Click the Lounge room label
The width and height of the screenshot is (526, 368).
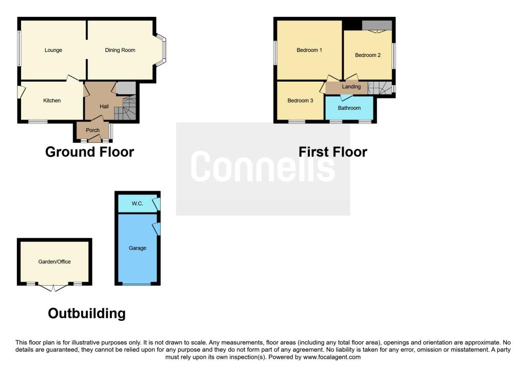(53, 50)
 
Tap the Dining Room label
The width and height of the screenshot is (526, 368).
(120, 50)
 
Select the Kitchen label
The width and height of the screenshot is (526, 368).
(52, 101)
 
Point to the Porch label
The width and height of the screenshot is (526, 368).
(92, 130)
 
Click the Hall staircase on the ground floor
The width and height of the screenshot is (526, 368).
(125, 108)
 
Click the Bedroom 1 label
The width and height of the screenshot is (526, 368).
(309, 50)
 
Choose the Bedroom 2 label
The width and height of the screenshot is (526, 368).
(368, 55)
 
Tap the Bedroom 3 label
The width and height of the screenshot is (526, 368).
(300, 101)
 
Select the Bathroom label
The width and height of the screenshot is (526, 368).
(349, 108)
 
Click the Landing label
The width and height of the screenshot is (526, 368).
(351, 87)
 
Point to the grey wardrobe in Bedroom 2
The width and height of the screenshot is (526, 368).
(377, 26)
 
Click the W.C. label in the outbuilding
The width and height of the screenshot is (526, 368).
(137, 203)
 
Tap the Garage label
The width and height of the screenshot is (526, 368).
(138, 248)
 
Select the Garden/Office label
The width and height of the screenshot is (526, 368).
(54, 262)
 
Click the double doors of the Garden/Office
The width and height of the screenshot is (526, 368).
(53, 287)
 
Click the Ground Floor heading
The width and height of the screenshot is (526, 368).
(89, 152)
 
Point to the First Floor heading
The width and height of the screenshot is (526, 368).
(333, 152)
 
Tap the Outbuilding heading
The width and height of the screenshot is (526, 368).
(87, 314)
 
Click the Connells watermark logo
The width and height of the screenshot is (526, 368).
(263, 167)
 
